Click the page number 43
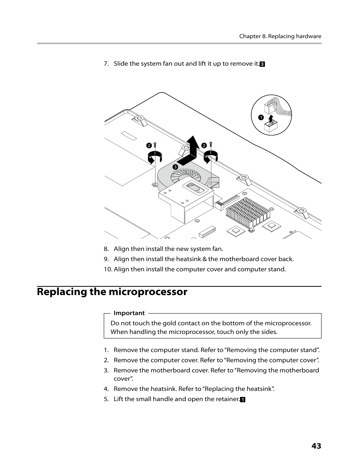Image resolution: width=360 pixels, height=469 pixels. click(x=316, y=446)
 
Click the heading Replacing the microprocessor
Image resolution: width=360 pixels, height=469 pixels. click(x=112, y=292)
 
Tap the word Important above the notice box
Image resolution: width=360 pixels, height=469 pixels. click(x=129, y=313)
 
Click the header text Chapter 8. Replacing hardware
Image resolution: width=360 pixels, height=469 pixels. click(x=280, y=36)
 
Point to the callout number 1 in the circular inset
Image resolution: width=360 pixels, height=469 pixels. click(x=260, y=117)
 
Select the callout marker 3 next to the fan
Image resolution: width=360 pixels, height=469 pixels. click(x=175, y=167)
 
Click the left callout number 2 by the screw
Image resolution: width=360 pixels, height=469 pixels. click(x=149, y=145)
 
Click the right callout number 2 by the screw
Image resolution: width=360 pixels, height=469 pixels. click(x=204, y=145)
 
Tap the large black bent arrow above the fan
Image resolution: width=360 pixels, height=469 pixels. click(x=191, y=153)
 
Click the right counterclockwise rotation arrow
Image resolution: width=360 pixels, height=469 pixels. click(x=211, y=156)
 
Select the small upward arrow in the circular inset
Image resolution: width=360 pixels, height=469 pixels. click(x=271, y=120)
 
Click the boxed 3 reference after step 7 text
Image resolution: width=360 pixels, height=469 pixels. click(x=262, y=64)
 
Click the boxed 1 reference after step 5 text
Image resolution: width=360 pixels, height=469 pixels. click(x=243, y=400)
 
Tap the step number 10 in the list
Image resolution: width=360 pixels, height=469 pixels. click(x=108, y=269)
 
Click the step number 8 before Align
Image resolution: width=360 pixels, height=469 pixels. click(x=106, y=249)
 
